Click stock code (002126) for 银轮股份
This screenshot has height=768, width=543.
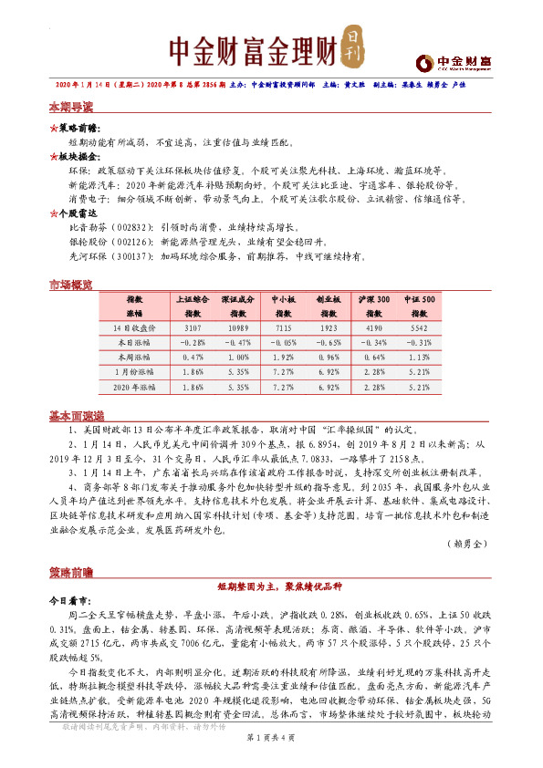tap(129, 243)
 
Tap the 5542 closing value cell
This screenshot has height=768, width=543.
tap(421, 327)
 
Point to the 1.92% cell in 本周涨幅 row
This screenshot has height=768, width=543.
tap(284, 357)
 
